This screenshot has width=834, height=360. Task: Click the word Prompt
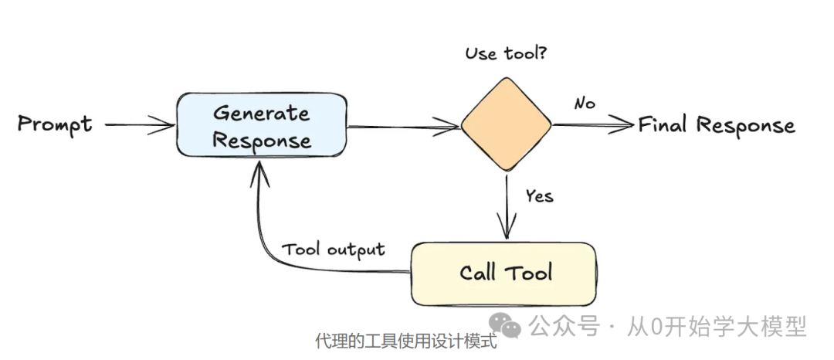(x=55, y=124)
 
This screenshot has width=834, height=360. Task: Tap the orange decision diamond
(x=507, y=124)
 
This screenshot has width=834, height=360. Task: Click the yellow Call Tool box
(x=503, y=273)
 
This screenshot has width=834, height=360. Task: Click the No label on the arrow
(x=585, y=104)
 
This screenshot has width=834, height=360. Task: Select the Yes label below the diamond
(x=539, y=196)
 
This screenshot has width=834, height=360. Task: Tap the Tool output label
(x=333, y=250)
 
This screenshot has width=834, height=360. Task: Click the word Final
(x=664, y=124)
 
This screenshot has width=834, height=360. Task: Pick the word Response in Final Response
(x=746, y=125)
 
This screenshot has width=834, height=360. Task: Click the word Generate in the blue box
(x=261, y=113)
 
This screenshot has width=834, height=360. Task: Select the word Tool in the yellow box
(x=530, y=273)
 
